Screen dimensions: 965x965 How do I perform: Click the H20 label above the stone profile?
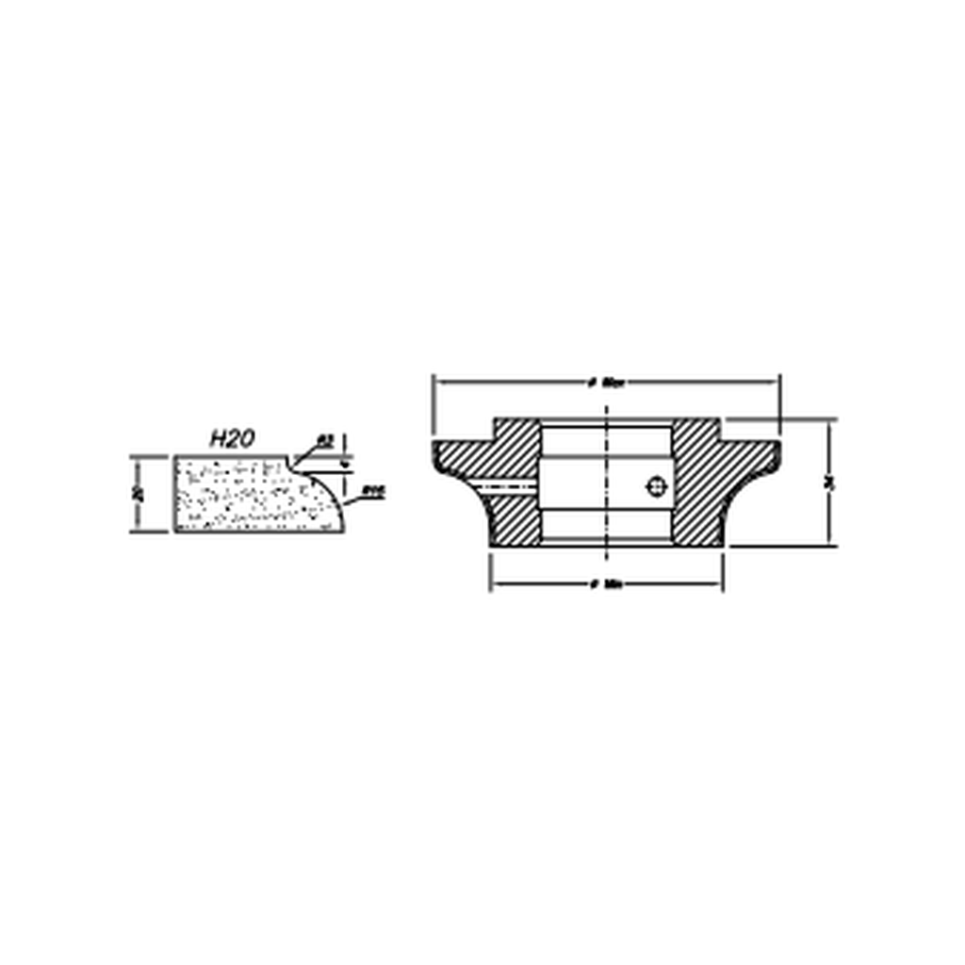[232, 438]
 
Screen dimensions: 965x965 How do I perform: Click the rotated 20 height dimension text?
[139, 494]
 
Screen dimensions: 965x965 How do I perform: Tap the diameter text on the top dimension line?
[607, 383]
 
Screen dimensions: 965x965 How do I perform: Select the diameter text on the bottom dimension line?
[607, 584]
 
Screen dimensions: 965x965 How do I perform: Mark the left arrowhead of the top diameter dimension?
[438, 383]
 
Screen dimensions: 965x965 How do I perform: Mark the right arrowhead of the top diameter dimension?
[775, 383]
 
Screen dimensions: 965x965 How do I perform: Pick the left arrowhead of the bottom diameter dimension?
[496, 584]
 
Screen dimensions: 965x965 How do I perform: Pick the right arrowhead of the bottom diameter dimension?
[717, 584]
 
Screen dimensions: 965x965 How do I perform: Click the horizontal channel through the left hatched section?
[509, 486]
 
